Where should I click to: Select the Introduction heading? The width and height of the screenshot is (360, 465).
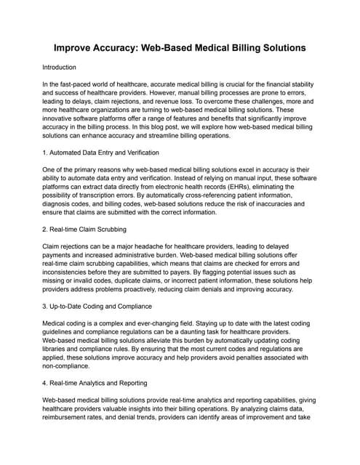pos(69,67)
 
